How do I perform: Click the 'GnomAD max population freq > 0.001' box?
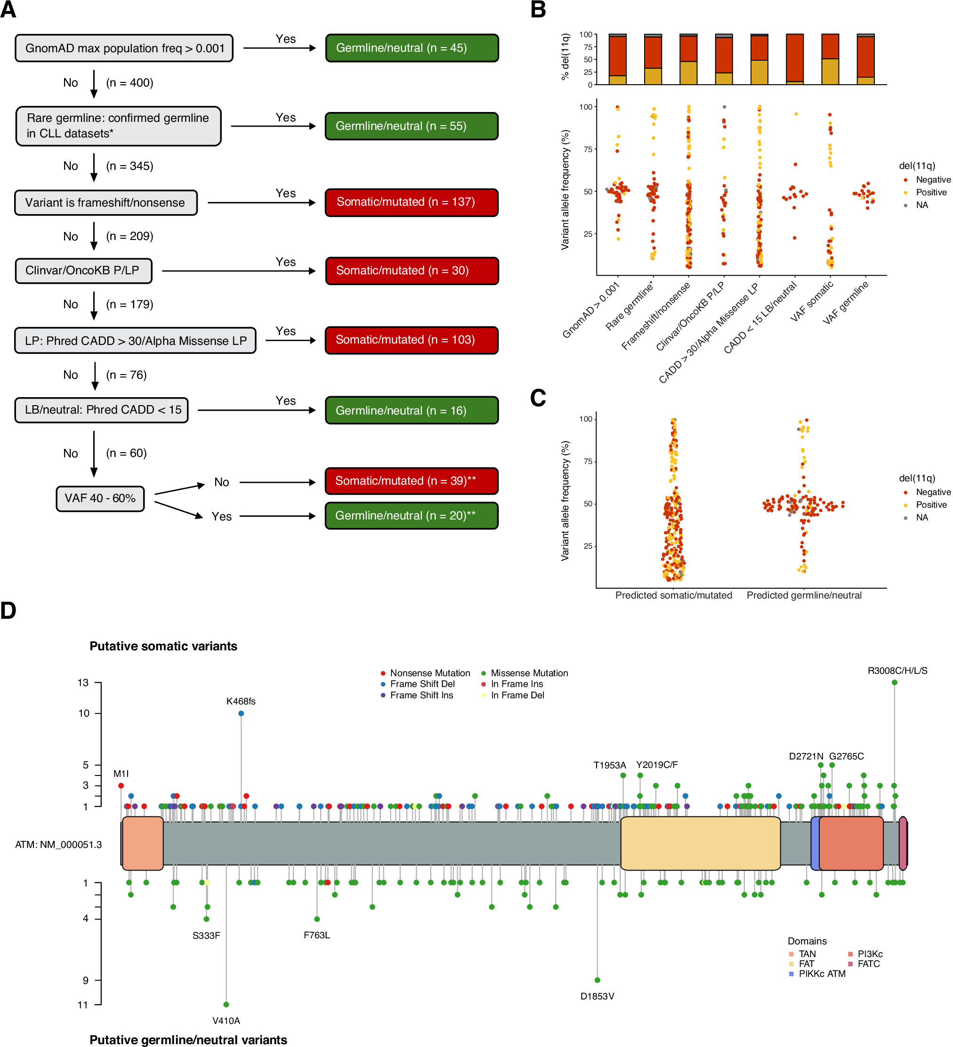click(124, 48)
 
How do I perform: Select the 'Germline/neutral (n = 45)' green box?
click(412, 48)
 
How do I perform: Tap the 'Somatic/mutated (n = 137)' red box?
click(412, 202)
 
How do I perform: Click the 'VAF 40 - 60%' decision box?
click(100, 499)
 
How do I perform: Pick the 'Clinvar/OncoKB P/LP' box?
click(83, 271)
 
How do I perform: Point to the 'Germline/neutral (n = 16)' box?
click(412, 410)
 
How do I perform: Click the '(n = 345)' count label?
click(129, 166)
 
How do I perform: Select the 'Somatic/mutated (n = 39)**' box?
click(412, 481)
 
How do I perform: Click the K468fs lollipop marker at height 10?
click(241, 713)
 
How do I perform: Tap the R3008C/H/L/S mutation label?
click(897, 671)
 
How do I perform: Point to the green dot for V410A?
click(226, 1004)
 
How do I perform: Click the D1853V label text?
click(597, 996)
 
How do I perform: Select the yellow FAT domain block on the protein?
click(700, 843)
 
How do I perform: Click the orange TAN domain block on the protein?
click(142, 843)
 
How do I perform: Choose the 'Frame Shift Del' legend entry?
click(422, 684)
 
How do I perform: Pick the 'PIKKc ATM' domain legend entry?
click(822, 974)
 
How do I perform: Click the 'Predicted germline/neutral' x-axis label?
click(804, 595)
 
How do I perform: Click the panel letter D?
click(8, 611)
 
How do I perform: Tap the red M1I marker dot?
click(121, 786)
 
